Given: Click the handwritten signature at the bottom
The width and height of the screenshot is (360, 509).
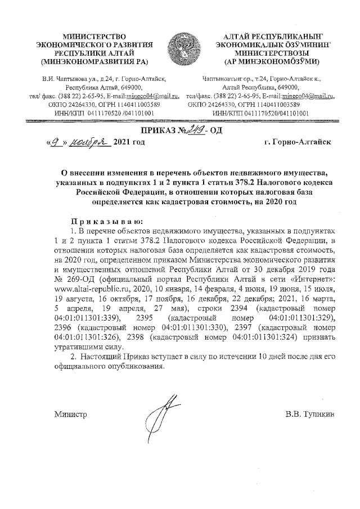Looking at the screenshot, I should [x=160, y=419].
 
